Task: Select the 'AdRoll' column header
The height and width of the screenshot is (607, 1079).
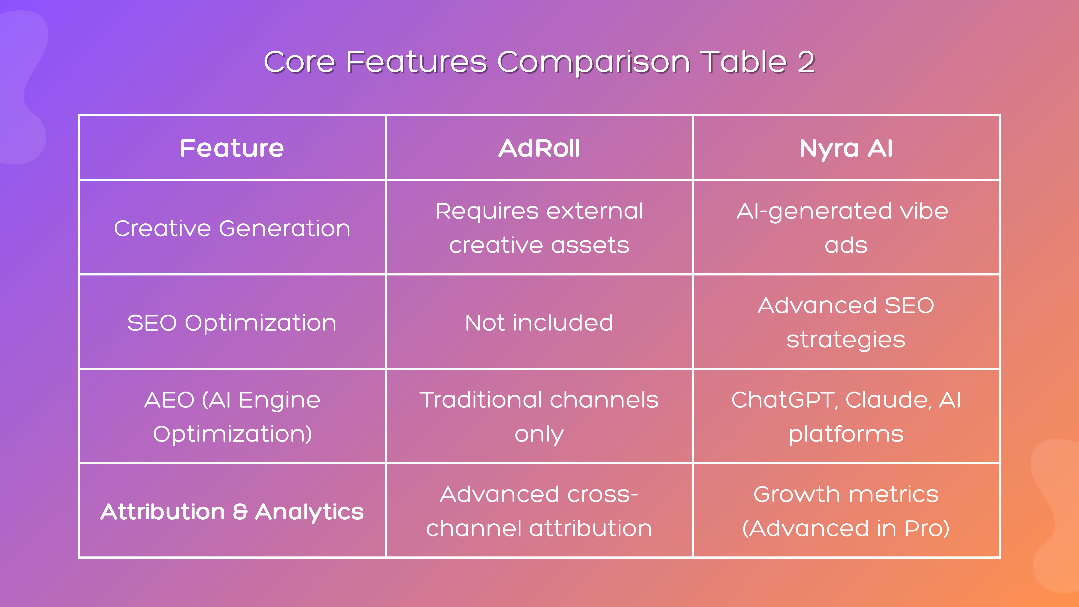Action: coord(539,148)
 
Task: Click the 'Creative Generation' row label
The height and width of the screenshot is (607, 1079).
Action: coord(232,228)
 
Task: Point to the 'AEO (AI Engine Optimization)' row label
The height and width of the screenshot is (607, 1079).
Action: coord(232,417)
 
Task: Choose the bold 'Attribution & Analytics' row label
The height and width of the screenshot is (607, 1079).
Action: coord(232,511)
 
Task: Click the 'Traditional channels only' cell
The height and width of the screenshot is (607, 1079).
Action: coord(539,417)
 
